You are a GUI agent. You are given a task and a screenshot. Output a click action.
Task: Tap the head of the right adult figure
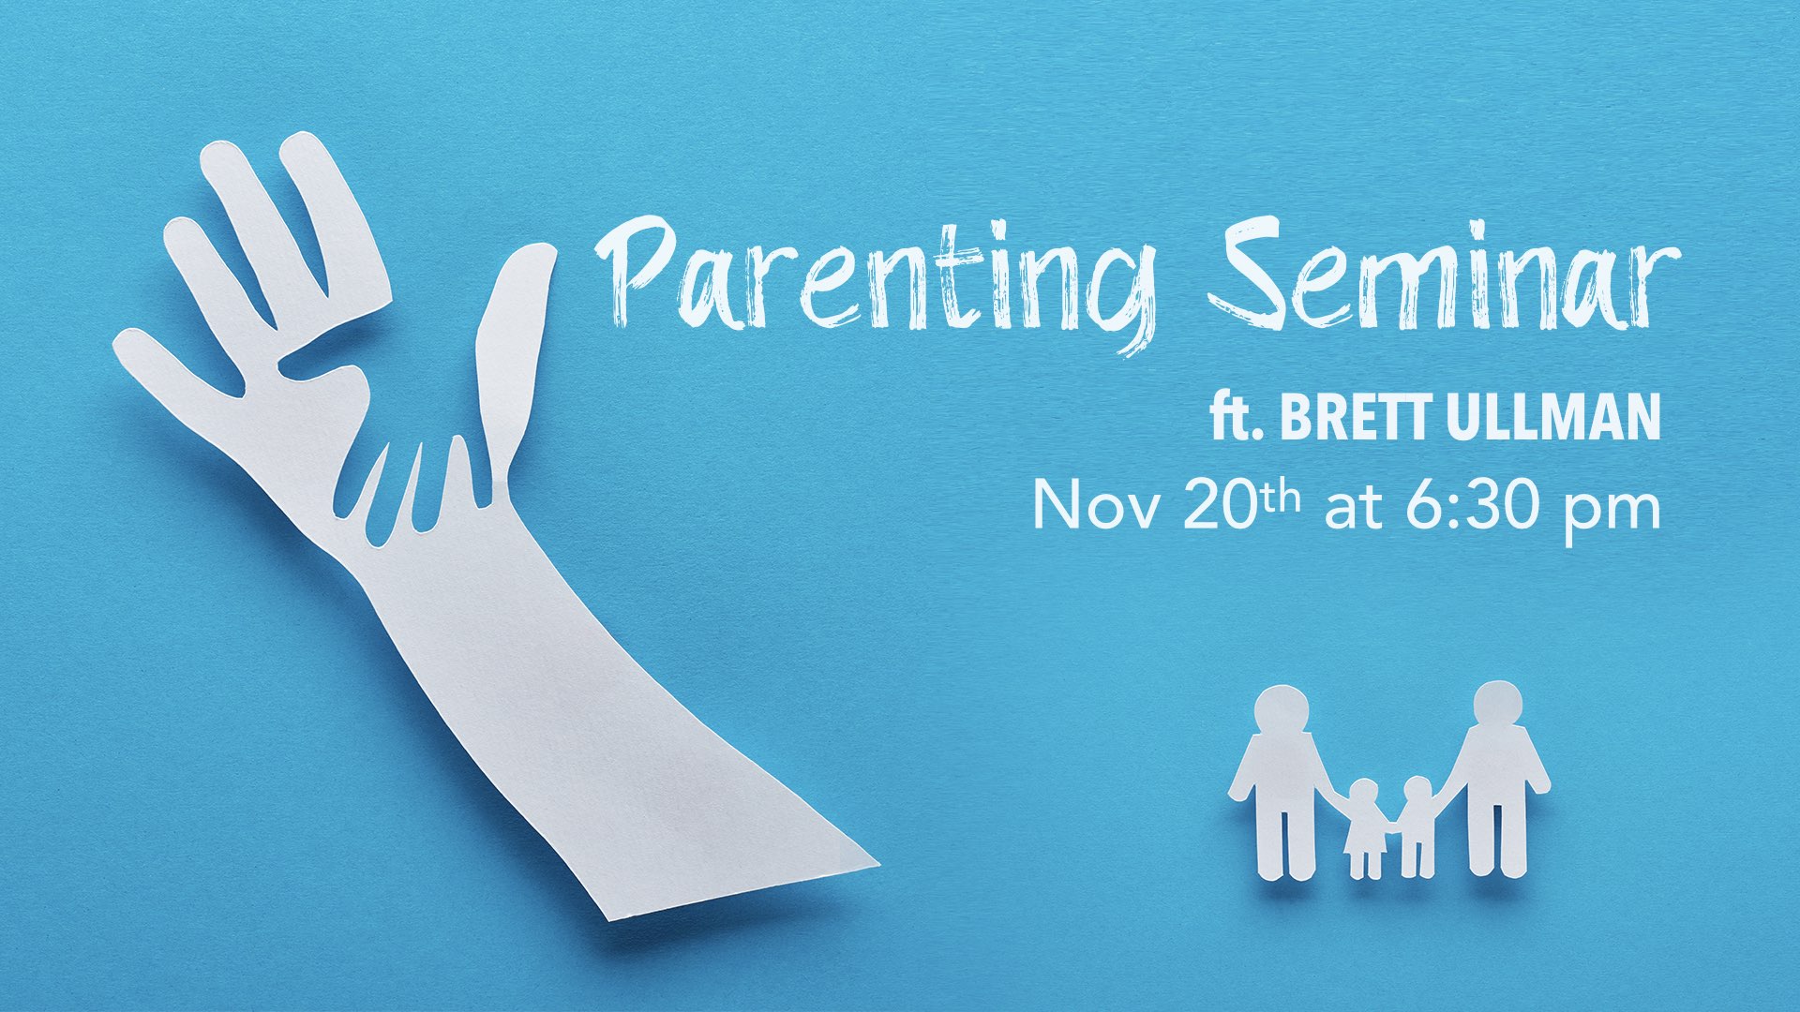click(1497, 706)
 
